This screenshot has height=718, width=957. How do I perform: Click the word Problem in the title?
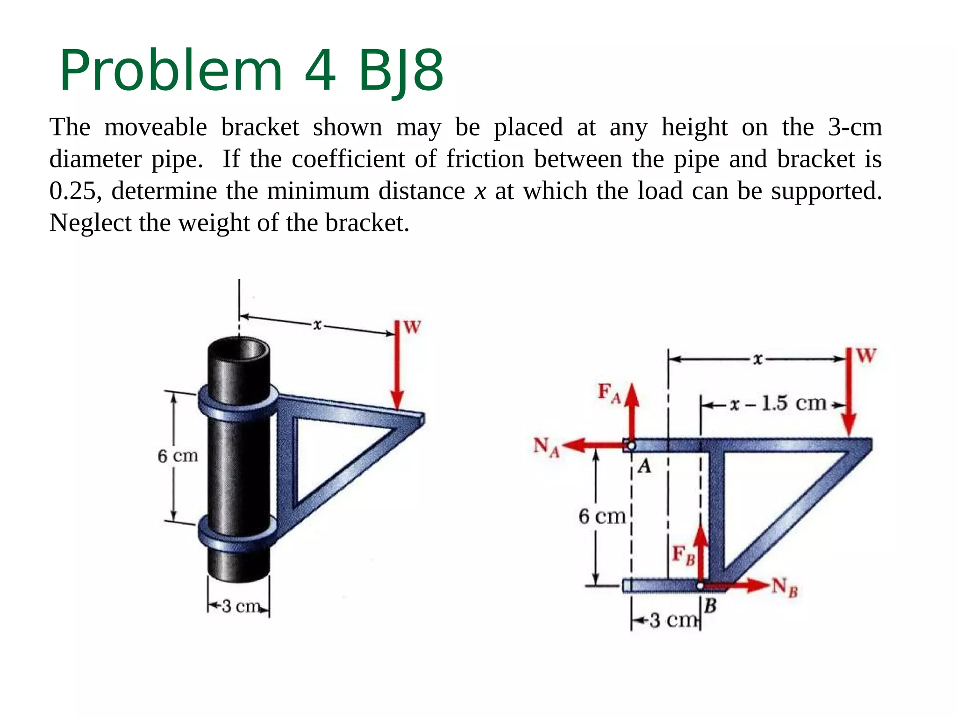point(171,71)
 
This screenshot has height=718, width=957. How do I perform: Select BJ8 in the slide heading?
point(400,71)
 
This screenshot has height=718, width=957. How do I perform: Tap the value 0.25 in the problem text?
point(75,191)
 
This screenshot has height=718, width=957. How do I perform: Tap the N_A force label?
point(546,447)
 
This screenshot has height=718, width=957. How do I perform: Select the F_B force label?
point(683,555)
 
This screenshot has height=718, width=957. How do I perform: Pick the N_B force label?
point(784,587)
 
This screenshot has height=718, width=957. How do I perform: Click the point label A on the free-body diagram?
point(644,467)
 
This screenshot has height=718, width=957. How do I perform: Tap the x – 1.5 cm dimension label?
point(778,403)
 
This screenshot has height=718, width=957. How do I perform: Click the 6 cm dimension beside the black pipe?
point(178,456)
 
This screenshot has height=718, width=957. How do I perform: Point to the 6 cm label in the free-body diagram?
point(602,517)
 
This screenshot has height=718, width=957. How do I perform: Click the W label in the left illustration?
point(412,327)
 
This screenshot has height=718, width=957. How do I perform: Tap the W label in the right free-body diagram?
point(866,356)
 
